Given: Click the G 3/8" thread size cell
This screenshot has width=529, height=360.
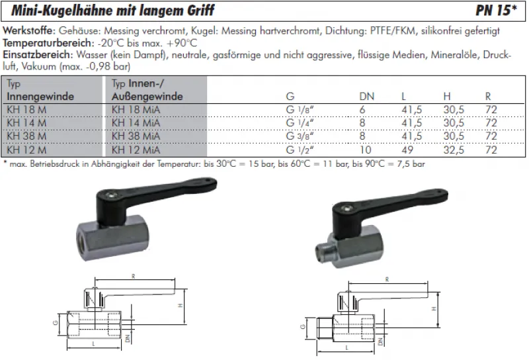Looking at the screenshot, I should (300, 136).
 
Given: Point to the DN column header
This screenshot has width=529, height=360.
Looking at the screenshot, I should (366, 97).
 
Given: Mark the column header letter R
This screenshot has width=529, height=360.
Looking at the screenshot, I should (488, 97).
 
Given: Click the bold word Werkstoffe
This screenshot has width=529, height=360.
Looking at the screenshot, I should (29, 30).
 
